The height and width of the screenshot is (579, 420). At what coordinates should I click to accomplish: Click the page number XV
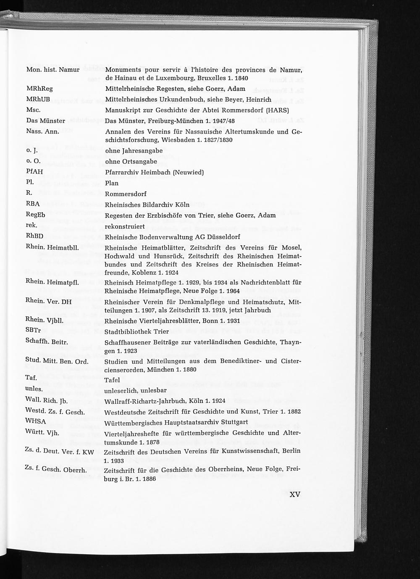[x=295, y=494]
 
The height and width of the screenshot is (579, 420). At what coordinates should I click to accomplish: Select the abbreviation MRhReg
[x=39, y=89]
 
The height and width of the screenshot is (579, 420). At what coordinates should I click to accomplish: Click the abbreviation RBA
[x=33, y=204]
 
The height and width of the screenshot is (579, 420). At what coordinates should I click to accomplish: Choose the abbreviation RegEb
[x=36, y=215]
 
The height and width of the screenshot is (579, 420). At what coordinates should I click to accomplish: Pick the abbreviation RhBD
[x=34, y=236]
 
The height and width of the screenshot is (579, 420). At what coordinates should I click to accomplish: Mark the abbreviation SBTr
[x=33, y=330]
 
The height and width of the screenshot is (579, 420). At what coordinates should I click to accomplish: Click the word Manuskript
[x=123, y=111]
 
